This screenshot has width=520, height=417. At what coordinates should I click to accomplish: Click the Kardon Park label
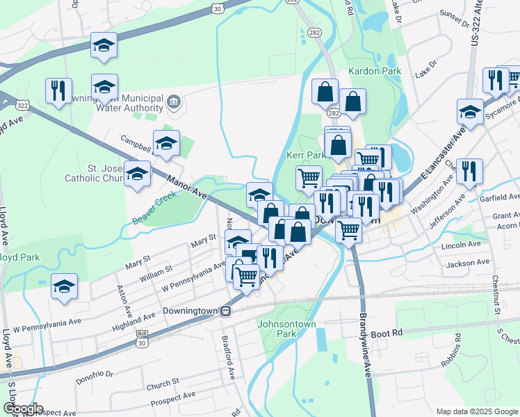click(x=375, y=71)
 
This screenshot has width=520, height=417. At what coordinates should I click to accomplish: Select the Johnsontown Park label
click(x=286, y=329)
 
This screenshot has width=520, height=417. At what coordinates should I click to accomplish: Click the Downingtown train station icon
click(x=225, y=311)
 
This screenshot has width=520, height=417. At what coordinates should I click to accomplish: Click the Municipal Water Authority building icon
click(x=173, y=104)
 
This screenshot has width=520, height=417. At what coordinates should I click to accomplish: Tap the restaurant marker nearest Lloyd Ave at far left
click(x=58, y=90)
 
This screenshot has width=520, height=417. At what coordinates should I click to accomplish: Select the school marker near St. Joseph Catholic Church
click(x=137, y=173)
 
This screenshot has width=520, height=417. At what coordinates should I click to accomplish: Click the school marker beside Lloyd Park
click(x=64, y=286)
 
